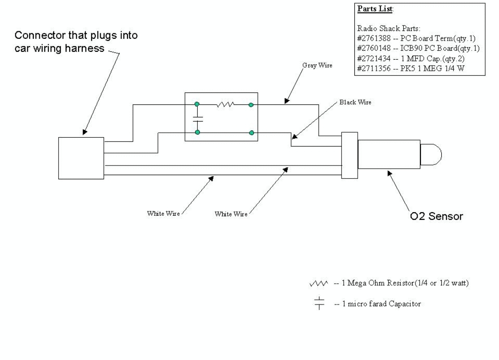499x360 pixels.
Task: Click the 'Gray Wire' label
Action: pyautogui.click(x=317, y=66)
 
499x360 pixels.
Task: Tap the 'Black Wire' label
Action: pyautogui.click(x=355, y=102)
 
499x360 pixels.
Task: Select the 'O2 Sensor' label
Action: pyautogui.click(x=436, y=216)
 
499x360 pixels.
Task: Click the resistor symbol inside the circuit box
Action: pyautogui.click(x=225, y=104)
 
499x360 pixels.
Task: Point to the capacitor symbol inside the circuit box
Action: pyautogui.click(x=198, y=119)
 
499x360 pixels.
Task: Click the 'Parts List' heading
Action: pyautogui.click(x=375, y=9)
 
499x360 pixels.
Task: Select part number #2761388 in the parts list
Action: pyautogui.click(x=374, y=38)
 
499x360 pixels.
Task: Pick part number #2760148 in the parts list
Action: pyautogui.click(x=374, y=49)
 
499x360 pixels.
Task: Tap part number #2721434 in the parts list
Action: pyautogui.click(x=374, y=59)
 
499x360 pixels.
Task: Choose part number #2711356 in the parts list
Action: pyautogui.click(x=374, y=68)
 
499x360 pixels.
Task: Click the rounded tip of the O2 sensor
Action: pyautogui.click(x=431, y=155)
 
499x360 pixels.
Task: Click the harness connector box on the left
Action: pyautogui.click(x=81, y=158)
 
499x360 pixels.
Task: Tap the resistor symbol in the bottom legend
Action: pyautogui.click(x=318, y=283)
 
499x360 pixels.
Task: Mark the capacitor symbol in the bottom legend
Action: pyautogui.click(x=319, y=303)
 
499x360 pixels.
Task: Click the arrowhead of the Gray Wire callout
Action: pyautogui.click(x=287, y=101)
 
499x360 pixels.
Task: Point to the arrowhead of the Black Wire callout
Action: pyautogui.click(x=295, y=136)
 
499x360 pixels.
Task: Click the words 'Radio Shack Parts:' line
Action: pyautogui.click(x=389, y=28)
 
